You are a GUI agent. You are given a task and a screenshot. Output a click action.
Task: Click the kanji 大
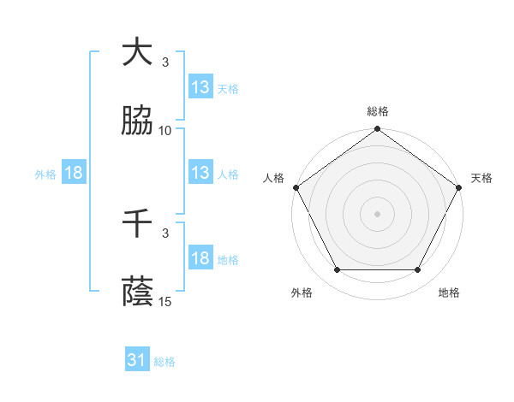click(138, 52)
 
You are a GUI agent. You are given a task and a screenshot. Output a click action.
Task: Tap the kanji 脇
click(138, 122)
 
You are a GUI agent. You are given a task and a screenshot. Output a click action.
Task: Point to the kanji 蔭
click(138, 293)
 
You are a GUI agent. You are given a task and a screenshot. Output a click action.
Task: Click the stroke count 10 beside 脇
click(165, 131)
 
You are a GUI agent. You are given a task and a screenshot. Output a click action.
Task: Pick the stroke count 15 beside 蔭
click(165, 301)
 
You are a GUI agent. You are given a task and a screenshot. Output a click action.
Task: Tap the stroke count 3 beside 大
click(165, 62)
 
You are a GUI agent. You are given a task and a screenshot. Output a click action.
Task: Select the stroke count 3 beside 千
click(165, 232)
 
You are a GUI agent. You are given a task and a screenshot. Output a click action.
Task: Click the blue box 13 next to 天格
click(200, 87)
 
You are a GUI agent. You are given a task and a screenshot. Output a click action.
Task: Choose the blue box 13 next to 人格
click(200, 173)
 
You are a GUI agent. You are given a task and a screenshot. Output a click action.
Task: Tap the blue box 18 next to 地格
click(200, 258)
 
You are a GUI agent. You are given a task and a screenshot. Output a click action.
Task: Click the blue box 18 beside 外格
click(74, 173)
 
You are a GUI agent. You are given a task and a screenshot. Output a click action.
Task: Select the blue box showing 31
click(137, 361)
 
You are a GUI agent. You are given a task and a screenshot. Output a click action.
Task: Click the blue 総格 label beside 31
click(164, 362)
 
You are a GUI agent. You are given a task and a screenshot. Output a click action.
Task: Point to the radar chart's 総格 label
click(378, 111)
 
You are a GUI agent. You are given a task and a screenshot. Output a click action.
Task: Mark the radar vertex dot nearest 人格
click(296, 187)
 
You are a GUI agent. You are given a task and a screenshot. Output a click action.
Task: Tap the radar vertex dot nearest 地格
click(418, 270)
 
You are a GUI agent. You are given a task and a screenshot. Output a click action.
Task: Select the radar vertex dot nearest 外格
click(337, 270)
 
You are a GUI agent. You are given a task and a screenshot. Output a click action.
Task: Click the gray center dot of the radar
click(378, 213)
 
